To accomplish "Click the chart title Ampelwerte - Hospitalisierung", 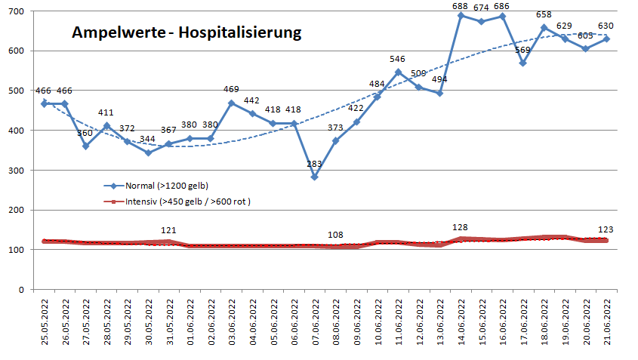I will (x=186, y=33).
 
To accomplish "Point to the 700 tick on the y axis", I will (x=16, y=11).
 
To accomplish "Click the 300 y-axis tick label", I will (x=16, y=170).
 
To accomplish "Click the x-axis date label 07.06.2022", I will (x=315, y=322).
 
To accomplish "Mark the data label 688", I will (x=461, y=6).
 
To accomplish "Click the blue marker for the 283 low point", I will (x=315, y=177).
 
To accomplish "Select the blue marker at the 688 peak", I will (x=461, y=16).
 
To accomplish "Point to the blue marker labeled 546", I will (x=398, y=72).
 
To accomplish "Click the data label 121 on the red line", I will (x=169, y=230).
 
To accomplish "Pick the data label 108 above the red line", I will (x=336, y=235).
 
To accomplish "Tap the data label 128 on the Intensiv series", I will (x=461, y=227).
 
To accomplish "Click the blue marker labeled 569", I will (x=523, y=63).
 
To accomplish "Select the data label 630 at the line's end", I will (x=607, y=29).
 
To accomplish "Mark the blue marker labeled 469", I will (x=232, y=103).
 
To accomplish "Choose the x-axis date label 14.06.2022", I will (x=461, y=322).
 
